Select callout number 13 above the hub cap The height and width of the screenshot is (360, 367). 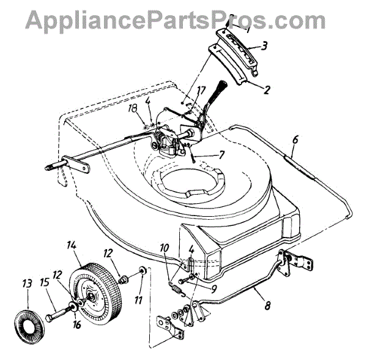(x=27, y=284)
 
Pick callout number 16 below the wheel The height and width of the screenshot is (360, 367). (x=76, y=325)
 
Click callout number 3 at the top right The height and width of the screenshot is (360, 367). (x=264, y=45)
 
